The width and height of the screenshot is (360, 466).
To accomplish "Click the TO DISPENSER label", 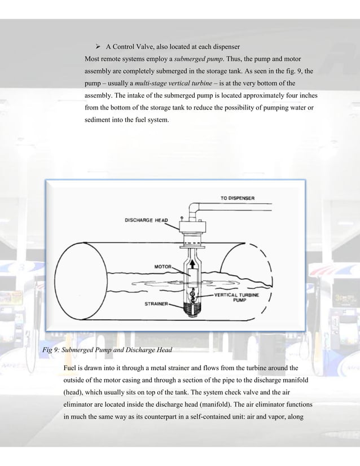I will point(237,198).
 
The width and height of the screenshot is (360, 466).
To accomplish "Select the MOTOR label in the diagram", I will point(156,266).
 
